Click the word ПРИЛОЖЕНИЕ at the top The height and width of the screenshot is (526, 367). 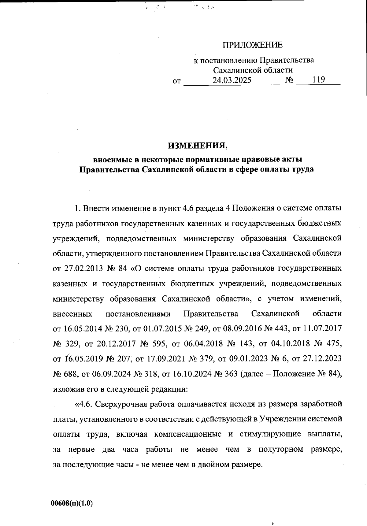tap(253, 46)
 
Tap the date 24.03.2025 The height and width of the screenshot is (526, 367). tap(232, 80)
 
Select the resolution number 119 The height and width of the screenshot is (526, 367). tap(318, 80)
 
